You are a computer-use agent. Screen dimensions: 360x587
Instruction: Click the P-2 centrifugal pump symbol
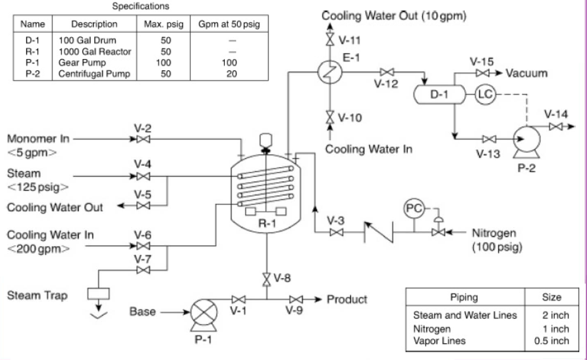527,137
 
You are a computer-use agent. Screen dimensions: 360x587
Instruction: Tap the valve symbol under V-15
483,73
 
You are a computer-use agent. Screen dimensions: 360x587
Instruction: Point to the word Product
347,299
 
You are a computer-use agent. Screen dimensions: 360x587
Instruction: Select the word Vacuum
526,73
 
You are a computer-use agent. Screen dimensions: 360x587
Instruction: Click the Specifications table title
141,7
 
